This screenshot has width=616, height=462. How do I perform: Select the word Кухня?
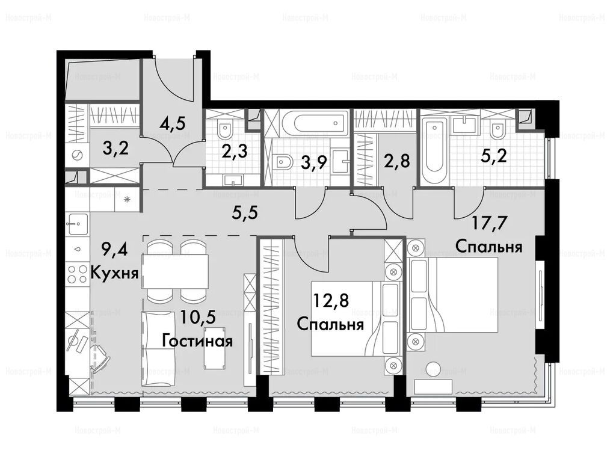click(115, 272)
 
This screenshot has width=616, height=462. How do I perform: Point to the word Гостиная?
click(197, 340)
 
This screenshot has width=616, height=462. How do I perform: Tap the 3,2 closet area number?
click(115, 149)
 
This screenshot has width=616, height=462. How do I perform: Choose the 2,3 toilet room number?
click(234, 150)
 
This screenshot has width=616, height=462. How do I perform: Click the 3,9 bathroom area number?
click(314, 161)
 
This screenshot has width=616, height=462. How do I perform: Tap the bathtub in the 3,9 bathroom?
click(315, 123)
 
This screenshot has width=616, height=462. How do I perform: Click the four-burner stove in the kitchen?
click(78, 274)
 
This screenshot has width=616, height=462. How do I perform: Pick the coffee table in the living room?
click(215, 348)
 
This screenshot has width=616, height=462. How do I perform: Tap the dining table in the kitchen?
click(176, 271)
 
